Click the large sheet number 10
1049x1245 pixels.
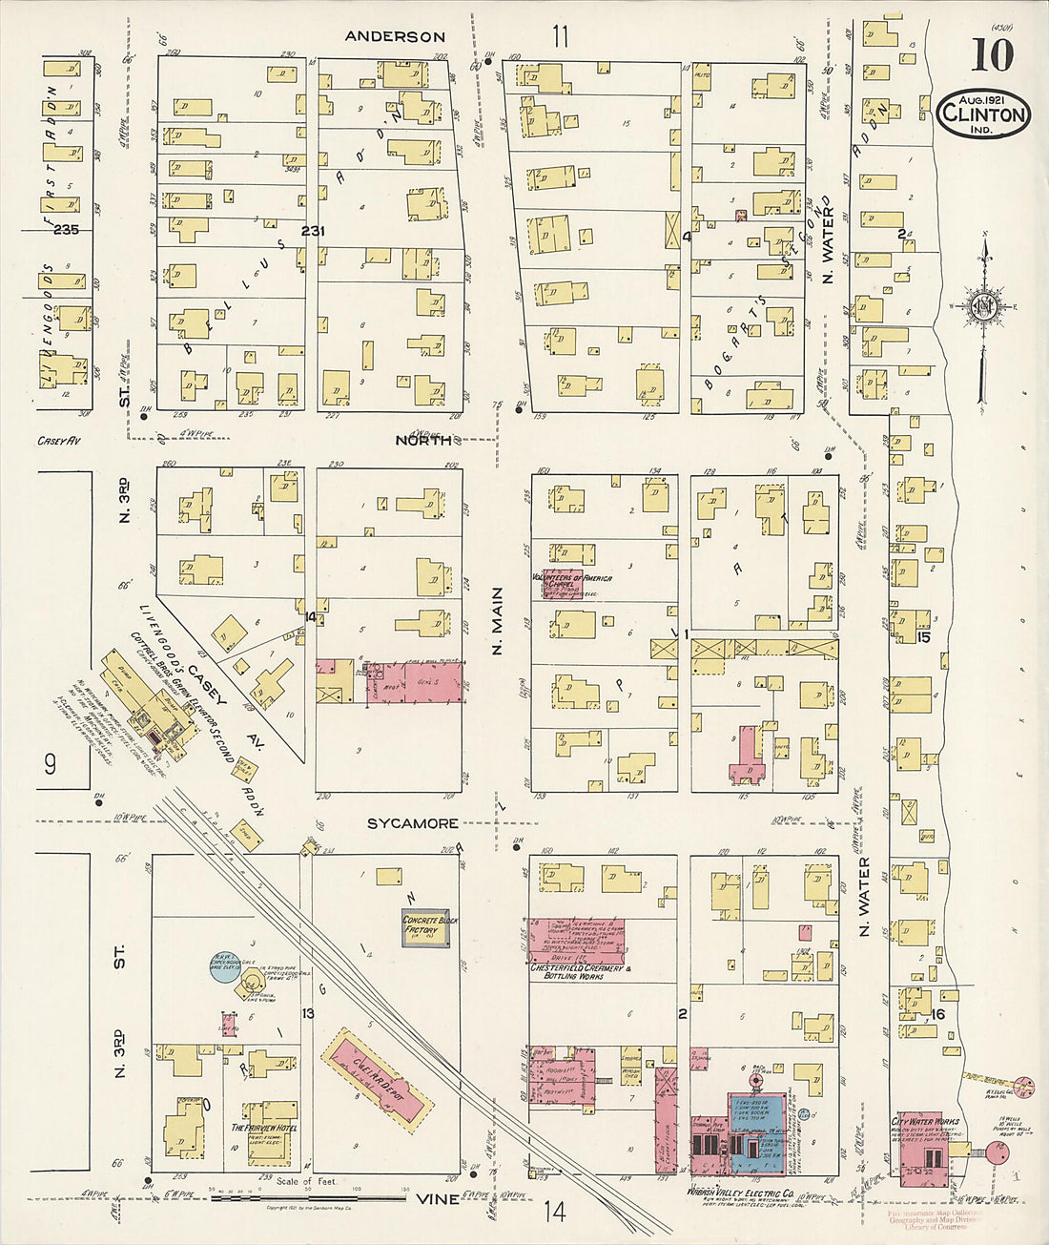tap(992, 55)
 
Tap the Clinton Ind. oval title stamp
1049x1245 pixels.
tap(983, 115)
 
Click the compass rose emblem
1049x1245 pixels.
tap(982, 305)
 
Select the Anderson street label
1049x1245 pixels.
tap(395, 36)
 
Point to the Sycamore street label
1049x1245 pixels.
tap(413, 822)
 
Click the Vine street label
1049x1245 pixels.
tap(439, 1199)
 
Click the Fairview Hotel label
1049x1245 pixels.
tap(264, 1127)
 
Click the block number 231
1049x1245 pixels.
tap(313, 231)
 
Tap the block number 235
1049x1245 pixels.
tap(66, 230)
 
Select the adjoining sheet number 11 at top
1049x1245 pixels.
tap(559, 36)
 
